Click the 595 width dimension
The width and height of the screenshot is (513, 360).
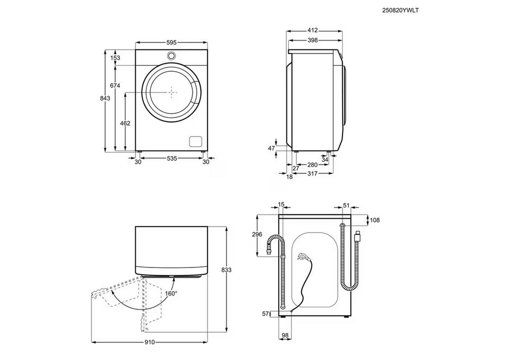[x=172, y=41]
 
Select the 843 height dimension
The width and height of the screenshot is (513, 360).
[x=104, y=99]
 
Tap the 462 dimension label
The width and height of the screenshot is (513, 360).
[x=126, y=123]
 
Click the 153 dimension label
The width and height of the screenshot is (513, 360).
[x=115, y=58]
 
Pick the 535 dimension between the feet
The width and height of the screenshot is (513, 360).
[x=172, y=159]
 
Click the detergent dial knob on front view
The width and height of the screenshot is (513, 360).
[x=172, y=56]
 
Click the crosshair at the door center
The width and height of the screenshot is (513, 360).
[x=172, y=91]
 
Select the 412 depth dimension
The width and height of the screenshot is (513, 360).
[x=313, y=30]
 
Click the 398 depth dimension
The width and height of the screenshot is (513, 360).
[x=313, y=40]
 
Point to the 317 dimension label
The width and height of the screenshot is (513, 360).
[x=312, y=174]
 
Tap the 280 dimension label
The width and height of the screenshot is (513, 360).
[x=312, y=165]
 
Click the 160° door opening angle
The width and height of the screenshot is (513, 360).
[x=171, y=293]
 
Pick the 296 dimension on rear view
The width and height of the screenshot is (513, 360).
[x=257, y=234]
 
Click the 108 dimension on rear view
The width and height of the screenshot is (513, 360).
[x=375, y=220]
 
